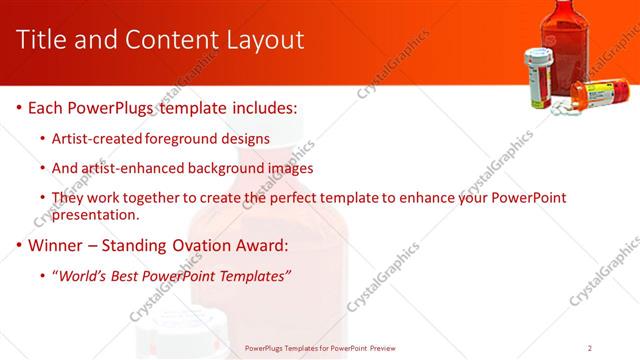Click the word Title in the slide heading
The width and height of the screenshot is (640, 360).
tap(43, 40)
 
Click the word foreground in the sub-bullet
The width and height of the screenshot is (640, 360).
tap(186, 138)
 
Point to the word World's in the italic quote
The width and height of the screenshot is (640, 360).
tap(84, 276)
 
